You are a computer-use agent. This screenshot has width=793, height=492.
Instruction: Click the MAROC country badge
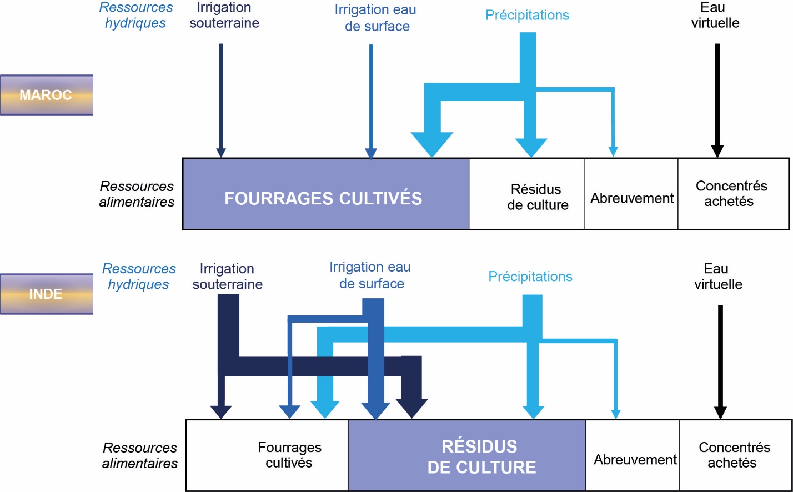point(46,95)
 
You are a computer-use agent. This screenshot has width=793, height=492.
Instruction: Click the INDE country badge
point(46,294)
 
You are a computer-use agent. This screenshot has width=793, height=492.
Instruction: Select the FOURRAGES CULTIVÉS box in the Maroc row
point(325,194)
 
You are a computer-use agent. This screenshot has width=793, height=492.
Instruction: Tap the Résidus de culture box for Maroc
point(526,194)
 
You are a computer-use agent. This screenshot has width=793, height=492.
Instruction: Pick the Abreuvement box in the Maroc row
point(631,194)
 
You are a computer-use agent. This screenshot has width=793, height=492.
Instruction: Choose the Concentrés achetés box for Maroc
point(732,194)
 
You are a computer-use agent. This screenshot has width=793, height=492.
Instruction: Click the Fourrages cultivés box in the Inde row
point(267,455)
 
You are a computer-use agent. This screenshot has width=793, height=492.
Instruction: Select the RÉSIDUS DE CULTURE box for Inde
point(466,455)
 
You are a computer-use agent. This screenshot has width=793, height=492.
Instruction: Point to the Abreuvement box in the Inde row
point(633,455)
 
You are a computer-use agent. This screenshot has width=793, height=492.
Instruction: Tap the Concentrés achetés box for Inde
point(735,455)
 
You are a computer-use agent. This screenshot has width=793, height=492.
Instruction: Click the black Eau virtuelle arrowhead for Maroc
point(717,150)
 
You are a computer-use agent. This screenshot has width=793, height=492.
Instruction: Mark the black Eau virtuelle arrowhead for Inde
point(720,413)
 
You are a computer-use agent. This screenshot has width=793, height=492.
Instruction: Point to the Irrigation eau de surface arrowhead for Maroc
point(371,154)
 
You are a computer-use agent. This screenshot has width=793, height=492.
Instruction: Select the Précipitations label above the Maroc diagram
point(527,15)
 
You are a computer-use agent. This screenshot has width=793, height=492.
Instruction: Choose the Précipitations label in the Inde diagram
point(530,277)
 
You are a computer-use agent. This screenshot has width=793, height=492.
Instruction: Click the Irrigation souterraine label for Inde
point(227,277)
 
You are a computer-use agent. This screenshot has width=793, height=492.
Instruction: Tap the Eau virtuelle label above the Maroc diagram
point(715,15)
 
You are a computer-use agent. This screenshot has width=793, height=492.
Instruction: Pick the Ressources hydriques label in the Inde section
point(138,277)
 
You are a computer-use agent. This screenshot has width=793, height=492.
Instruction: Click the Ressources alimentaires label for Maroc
point(137,194)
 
